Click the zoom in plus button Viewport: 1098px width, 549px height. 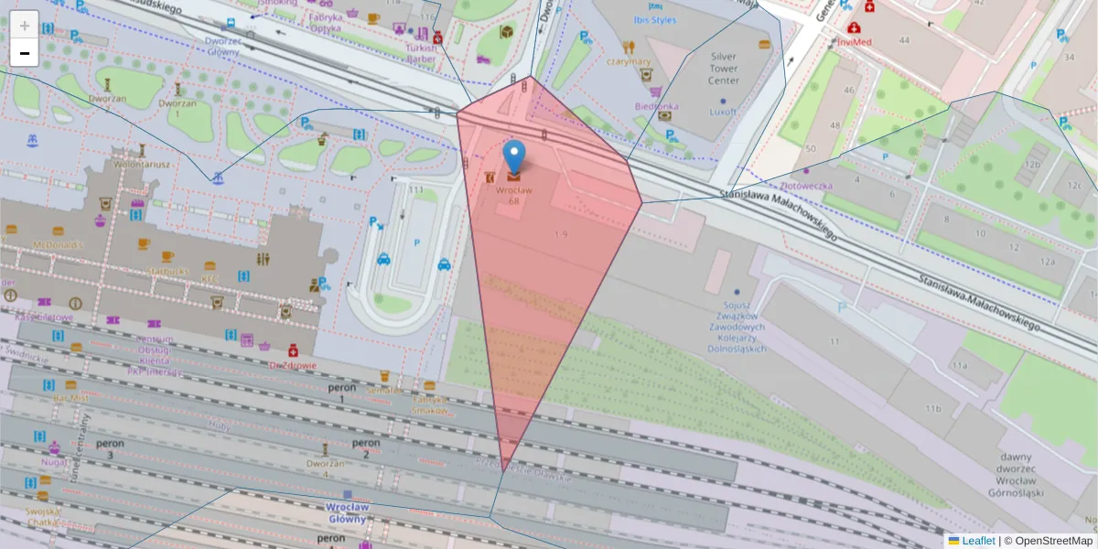[25, 26]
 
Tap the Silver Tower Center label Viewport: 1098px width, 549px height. [723, 69]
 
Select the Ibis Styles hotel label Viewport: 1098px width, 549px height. [655, 19]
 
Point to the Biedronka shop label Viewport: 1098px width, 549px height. [656, 106]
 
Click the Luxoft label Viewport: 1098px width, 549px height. [723, 112]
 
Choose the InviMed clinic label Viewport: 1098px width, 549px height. [852, 41]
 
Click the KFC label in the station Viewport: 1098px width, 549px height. [210, 278]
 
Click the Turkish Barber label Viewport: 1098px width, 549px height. [422, 53]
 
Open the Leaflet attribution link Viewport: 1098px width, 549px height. [978, 541]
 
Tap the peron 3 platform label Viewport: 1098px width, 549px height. [110, 448]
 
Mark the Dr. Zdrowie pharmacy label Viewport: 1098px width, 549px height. [293, 365]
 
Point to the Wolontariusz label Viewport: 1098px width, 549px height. [142, 165]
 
